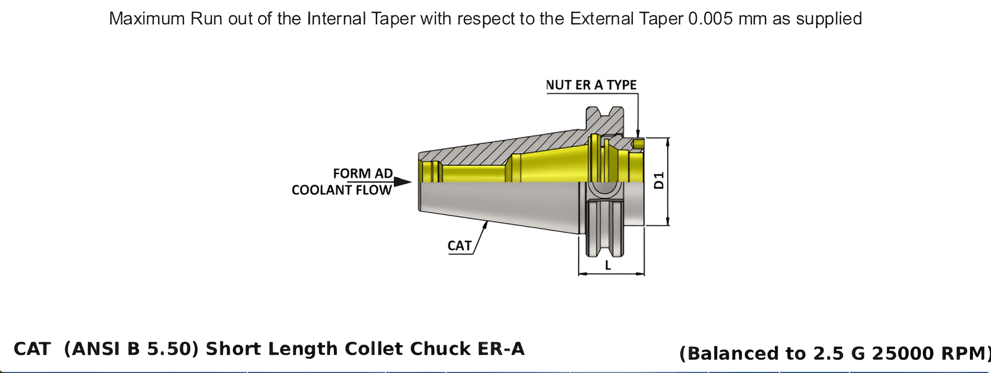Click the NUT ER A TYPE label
pos(591,85)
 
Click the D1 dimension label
pos(659,180)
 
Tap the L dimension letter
pos(608,265)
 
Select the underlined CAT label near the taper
pos(460,246)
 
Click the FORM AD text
pos(362,173)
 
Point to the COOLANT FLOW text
pos(341,190)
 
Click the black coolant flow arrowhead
pos(402,182)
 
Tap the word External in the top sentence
pos(599,19)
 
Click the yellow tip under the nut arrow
pos(639,144)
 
